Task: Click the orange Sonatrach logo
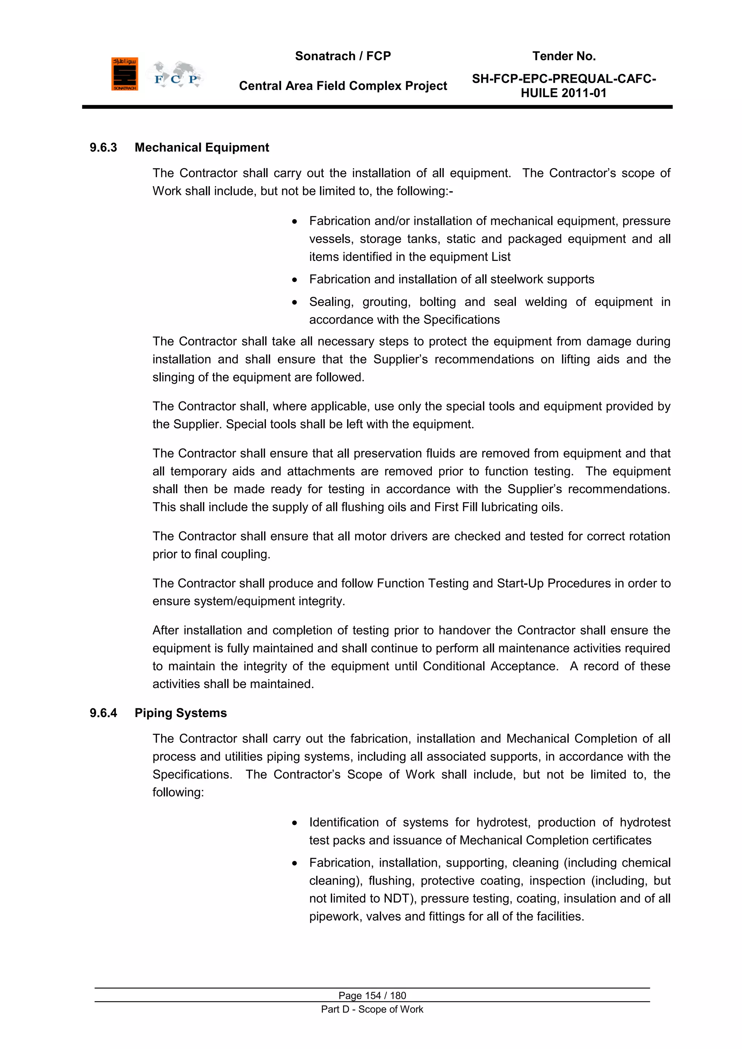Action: pyautogui.click(x=124, y=74)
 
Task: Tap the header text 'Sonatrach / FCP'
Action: pyautogui.click(x=343, y=56)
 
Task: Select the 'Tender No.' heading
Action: pyautogui.click(x=564, y=56)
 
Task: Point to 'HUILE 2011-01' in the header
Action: pyautogui.click(x=563, y=93)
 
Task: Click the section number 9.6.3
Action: pyautogui.click(x=103, y=147)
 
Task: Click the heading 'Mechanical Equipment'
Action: pyautogui.click(x=201, y=147)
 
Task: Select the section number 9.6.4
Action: pyautogui.click(x=103, y=713)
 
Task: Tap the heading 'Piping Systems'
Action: pyautogui.click(x=180, y=713)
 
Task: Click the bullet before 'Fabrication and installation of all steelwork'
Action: pyautogui.click(x=295, y=280)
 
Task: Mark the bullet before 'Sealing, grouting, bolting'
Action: pyautogui.click(x=295, y=302)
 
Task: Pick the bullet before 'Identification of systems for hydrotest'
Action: pyautogui.click(x=295, y=823)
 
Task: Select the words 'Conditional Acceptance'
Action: pyautogui.click(x=490, y=666)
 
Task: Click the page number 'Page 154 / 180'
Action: pyautogui.click(x=372, y=995)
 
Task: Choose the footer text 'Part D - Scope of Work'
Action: pyautogui.click(x=372, y=1009)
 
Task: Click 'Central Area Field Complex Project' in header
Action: pyautogui.click(x=343, y=86)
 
